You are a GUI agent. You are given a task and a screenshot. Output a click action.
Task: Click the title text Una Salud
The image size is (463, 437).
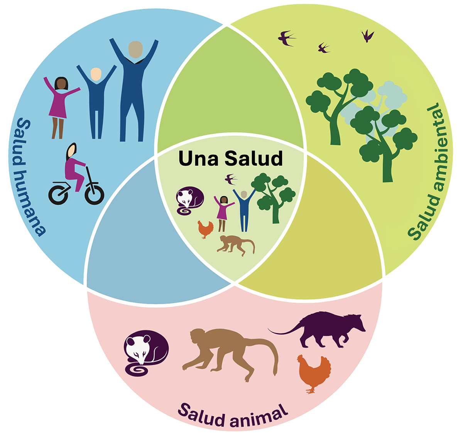(x=230, y=159)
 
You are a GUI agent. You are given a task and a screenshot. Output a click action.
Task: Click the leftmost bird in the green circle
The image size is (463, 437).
(x=287, y=38)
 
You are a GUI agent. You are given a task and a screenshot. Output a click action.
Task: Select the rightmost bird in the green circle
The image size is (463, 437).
(x=367, y=36)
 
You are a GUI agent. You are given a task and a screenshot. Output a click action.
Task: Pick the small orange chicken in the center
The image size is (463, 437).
(x=205, y=229)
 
